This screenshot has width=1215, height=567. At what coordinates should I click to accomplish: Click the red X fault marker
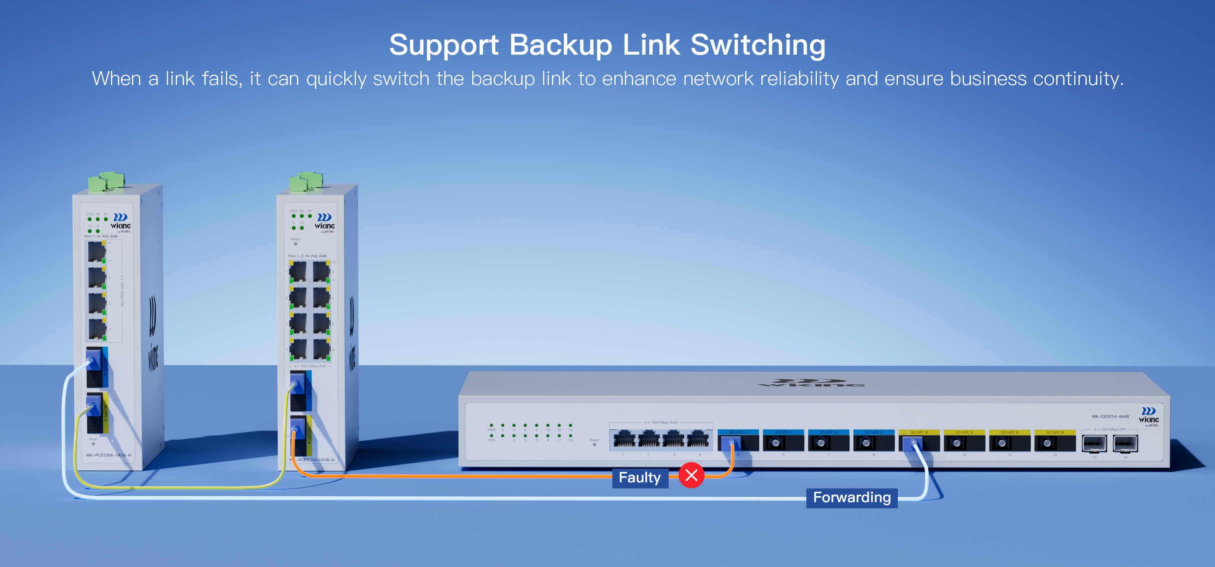tap(691, 475)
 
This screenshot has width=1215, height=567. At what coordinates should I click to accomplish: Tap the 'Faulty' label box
tap(639, 477)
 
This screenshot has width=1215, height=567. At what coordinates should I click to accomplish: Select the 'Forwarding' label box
tap(852, 497)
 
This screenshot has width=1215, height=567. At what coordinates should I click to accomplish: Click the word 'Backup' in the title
tap(561, 45)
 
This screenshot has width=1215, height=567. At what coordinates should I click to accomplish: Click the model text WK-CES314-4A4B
tap(1110, 416)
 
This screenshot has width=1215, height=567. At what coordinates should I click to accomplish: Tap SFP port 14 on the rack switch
tap(1125, 443)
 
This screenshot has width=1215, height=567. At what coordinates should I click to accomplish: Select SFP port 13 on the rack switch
tap(1094, 443)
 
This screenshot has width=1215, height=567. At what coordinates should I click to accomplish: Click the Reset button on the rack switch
tap(594, 444)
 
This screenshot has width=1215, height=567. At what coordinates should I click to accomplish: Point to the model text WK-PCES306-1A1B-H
tap(109, 455)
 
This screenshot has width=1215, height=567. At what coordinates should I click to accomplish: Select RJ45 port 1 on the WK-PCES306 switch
tap(97, 251)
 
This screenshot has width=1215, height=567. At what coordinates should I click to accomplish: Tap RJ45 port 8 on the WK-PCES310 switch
tap(321, 350)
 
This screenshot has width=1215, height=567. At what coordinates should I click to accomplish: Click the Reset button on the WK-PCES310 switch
tap(296, 244)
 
